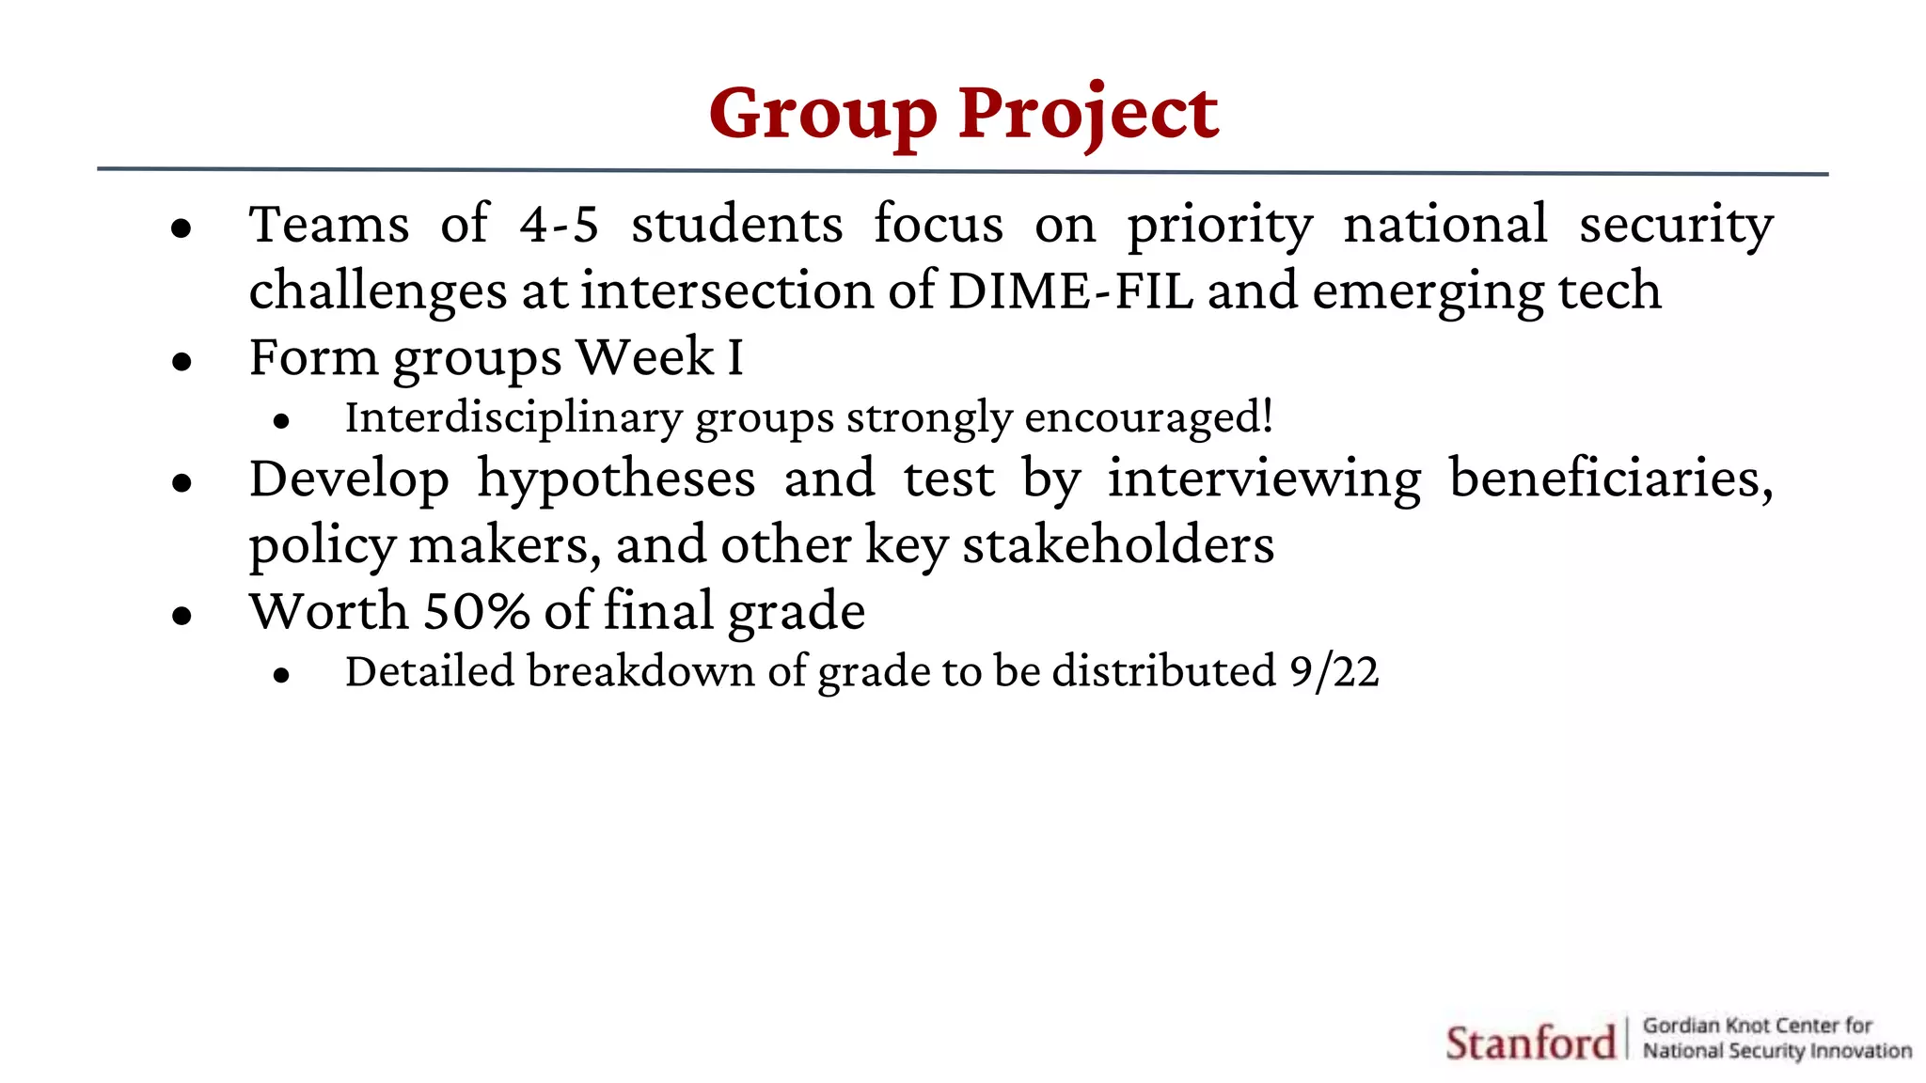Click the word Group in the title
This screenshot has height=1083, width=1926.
823,115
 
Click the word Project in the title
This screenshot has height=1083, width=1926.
1088,115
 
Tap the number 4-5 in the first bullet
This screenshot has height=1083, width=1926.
559,226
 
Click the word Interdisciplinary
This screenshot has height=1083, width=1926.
513,418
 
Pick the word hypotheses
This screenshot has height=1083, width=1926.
616,479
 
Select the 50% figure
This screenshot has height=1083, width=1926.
477,611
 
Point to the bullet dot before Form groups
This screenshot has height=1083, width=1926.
182,361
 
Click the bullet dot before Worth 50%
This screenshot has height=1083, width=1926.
182,616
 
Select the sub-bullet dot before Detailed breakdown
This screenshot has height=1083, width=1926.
280,675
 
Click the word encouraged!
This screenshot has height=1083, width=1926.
1148,418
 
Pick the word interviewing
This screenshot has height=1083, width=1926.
1264,479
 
